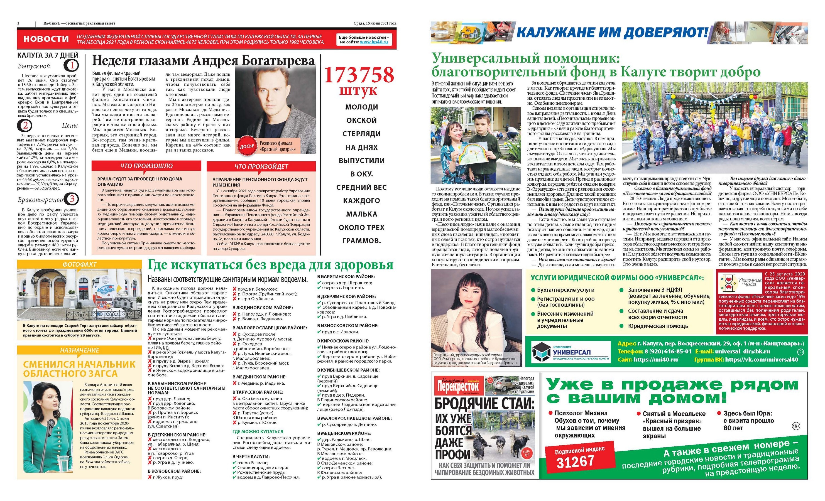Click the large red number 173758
[359, 75]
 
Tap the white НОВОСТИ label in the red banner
[46, 39]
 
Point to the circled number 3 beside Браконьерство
[72, 199]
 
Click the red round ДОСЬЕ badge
[247, 146]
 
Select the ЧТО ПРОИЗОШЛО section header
[146, 166]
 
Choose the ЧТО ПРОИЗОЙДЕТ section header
[261, 166]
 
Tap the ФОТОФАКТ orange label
[79, 264]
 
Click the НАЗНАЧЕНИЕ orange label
[79, 350]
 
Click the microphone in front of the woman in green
[50, 424]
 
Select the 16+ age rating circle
[796, 426]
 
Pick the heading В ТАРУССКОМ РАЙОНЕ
[258, 392]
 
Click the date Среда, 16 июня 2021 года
[375, 23]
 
